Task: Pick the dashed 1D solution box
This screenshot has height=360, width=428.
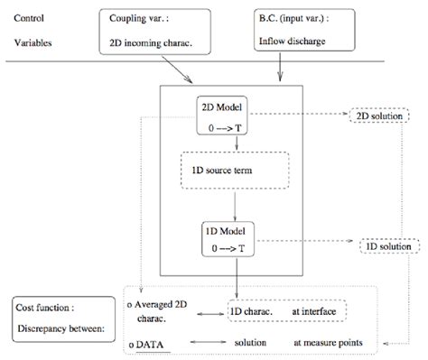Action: point(389,246)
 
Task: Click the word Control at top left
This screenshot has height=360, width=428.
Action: point(31,17)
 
